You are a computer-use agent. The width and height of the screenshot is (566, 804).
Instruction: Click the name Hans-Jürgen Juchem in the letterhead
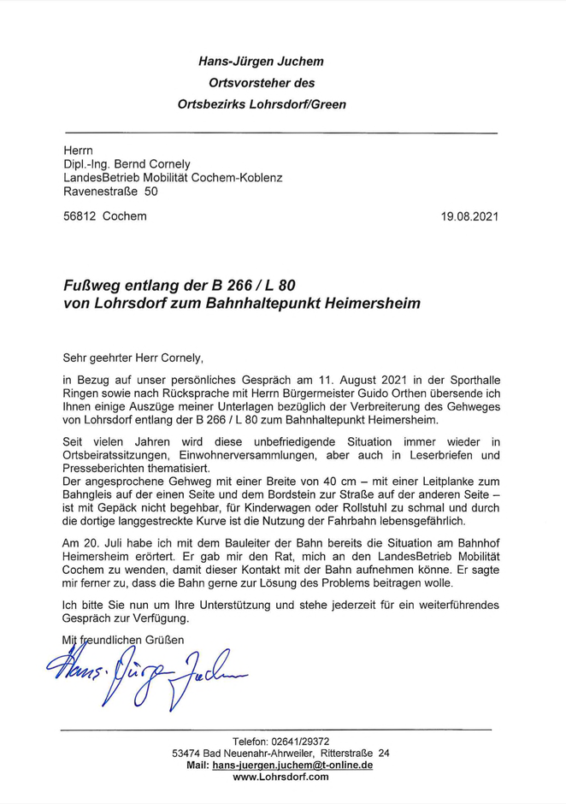[261, 62]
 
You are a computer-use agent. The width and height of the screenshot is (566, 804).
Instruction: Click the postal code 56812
[80, 216]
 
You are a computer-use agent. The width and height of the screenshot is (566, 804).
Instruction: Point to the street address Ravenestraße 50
[110, 192]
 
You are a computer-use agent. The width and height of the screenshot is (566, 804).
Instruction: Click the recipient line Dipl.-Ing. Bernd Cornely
[127, 164]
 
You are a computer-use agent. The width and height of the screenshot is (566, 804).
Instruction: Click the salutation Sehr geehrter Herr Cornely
[134, 358]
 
